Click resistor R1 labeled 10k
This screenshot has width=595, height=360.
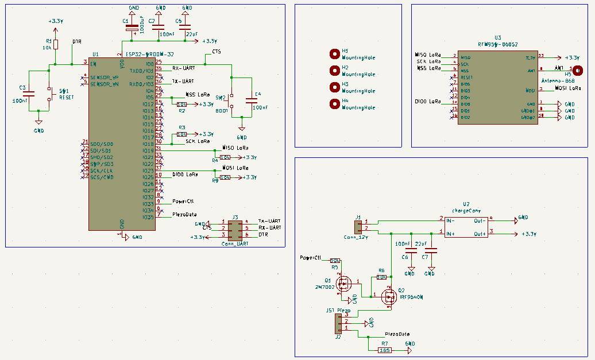coord(55,45)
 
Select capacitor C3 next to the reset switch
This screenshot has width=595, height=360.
coord(29,93)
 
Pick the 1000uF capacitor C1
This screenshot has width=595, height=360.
coord(133,26)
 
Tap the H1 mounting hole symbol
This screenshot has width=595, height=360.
coord(334,54)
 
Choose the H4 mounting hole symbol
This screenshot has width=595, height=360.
coord(334,104)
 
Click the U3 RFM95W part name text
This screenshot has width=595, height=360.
coord(498,43)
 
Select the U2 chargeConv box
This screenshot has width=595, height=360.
coord(466,227)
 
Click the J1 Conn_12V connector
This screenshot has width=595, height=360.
coord(358,226)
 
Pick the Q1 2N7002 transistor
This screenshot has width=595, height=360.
coord(345,284)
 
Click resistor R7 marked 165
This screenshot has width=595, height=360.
coord(384,350)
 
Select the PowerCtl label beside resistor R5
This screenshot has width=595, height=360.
coord(310,258)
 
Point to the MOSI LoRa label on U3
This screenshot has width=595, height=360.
coord(567,88)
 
